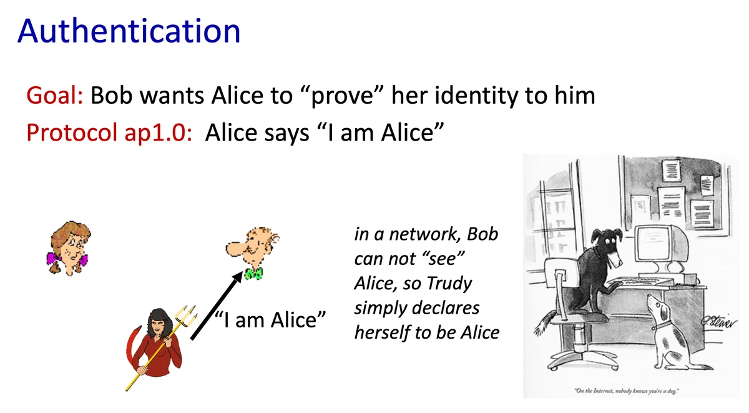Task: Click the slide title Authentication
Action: [x=129, y=31]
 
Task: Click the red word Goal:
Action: [x=55, y=96]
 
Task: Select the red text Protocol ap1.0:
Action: [x=109, y=133]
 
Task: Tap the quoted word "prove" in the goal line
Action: [x=342, y=96]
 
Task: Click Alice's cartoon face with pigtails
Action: [x=69, y=248]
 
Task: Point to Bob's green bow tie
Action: [x=254, y=274]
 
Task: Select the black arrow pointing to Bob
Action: [x=217, y=306]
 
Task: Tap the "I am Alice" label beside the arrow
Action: [x=270, y=319]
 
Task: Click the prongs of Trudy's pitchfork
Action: [x=187, y=316]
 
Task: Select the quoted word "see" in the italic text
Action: [x=443, y=259]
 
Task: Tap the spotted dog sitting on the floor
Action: [x=672, y=331]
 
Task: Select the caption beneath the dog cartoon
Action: [x=626, y=391]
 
